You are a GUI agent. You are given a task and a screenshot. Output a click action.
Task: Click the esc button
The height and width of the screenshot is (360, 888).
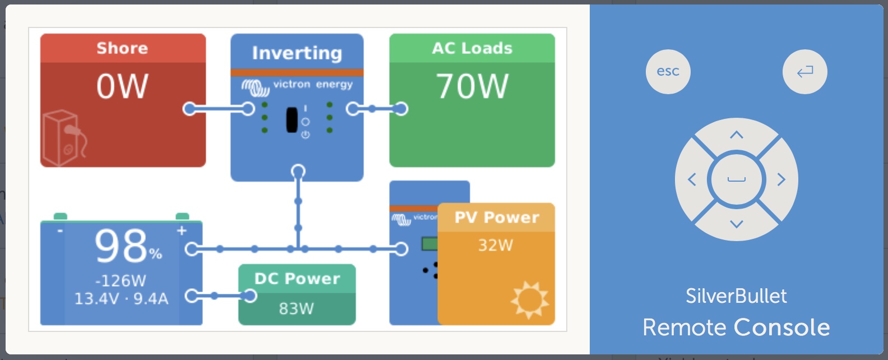point(668,72)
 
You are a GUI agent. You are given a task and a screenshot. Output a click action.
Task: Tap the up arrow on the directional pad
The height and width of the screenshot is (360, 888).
point(736,135)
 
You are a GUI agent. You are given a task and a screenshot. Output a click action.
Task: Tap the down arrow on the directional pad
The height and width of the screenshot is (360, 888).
point(736,224)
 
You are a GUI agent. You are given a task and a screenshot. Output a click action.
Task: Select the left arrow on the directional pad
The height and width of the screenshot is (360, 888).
point(692,179)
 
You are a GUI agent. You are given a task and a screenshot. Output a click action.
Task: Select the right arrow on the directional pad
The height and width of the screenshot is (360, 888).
point(781,179)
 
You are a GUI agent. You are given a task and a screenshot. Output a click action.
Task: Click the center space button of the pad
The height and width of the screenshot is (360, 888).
point(736,179)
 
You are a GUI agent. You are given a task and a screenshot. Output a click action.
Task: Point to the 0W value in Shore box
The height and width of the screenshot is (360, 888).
point(122,87)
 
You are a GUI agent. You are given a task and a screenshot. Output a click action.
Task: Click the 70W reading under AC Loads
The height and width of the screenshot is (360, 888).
point(472,87)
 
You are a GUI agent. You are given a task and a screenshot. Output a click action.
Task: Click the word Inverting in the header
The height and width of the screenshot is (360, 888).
point(297,53)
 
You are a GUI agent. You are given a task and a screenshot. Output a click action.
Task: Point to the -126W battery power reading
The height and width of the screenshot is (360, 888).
point(121,280)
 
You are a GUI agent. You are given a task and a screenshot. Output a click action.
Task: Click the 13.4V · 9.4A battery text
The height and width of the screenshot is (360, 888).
point(121,298)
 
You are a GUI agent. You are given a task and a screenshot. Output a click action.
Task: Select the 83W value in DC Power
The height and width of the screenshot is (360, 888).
point(296,308)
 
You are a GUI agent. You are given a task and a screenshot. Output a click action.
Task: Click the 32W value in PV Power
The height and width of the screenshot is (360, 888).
point(495,245)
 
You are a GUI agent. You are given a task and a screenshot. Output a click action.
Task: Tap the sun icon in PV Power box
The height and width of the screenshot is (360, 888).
point(529,299)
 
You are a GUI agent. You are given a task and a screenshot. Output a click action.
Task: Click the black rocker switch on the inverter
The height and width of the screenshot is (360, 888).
point(292,119)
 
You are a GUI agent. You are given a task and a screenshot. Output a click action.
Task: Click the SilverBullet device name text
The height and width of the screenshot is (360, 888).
point(736,296)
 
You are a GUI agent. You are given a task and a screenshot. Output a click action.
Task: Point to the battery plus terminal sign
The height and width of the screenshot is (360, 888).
point(182,230)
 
